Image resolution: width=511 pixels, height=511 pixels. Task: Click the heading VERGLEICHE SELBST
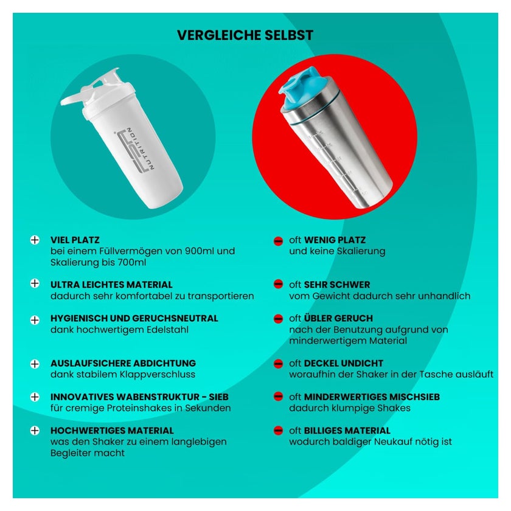(x=245, y=35)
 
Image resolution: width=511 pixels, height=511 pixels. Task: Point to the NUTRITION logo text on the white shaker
(x=142, y=148)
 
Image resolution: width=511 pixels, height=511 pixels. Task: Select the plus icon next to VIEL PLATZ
(x=35, y=240)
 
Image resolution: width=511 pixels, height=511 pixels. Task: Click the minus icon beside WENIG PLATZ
(x=279, y=241)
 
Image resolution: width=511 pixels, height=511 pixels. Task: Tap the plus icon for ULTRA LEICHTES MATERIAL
(x=35, y=283)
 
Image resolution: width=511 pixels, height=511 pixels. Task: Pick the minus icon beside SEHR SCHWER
(x=279, y=284)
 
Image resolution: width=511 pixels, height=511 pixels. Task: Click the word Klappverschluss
(x=158, y=375)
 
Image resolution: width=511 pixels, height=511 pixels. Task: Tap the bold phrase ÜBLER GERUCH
(x=338, y=318)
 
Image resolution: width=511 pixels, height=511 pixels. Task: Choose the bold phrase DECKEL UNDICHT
(x=344, y=363)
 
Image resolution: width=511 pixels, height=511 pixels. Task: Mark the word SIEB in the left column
(x=218, y=397)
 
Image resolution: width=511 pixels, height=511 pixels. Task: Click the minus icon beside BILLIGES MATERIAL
(x=279, y=431)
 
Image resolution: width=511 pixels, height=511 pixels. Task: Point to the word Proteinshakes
(x=145, y=408)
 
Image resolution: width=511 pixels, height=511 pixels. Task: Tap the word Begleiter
(x=71, y=453)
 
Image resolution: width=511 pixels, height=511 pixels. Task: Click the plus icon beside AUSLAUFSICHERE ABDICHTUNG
(x=35, y=364)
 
